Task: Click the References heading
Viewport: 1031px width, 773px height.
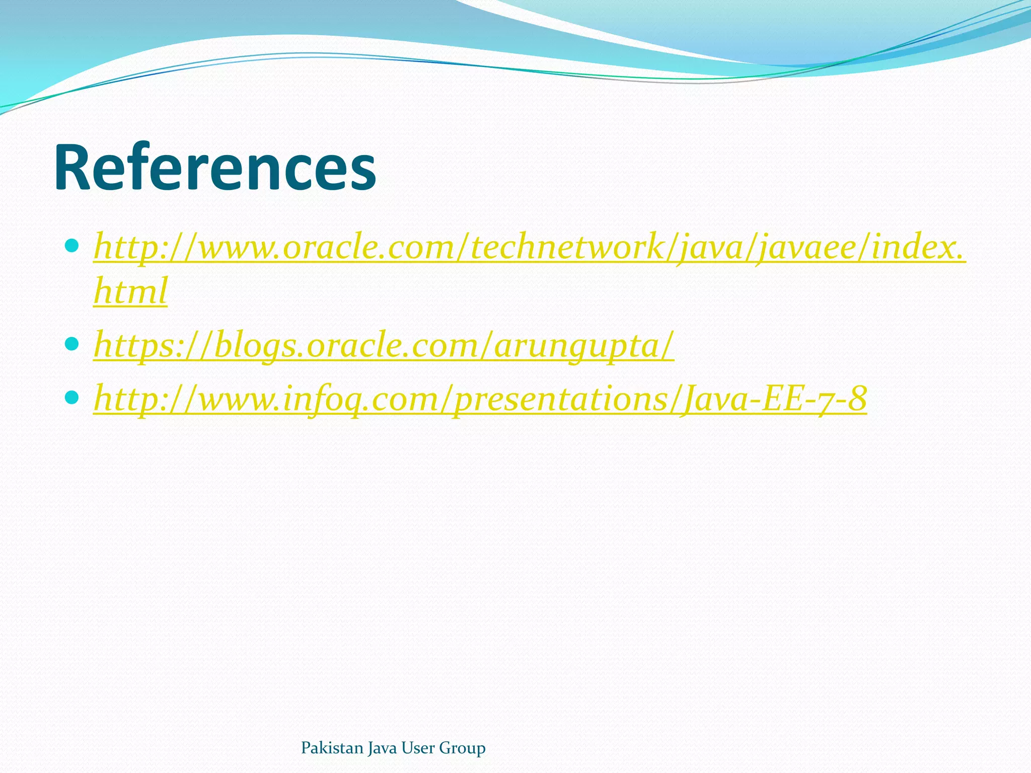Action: [215, 168]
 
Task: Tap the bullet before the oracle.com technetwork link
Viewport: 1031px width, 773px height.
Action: [72, 246]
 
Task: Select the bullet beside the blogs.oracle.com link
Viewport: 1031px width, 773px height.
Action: [72, 344]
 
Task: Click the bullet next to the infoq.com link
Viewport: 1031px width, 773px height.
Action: [72, 398]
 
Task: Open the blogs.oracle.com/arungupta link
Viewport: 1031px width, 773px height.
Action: [384, 346]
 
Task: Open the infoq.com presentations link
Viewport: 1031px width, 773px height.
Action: [480, 399]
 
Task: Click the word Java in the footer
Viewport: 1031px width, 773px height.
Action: [382, 748]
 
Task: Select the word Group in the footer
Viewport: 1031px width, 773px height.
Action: [462, 748]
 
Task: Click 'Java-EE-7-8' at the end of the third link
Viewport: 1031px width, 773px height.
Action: [773, 399]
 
